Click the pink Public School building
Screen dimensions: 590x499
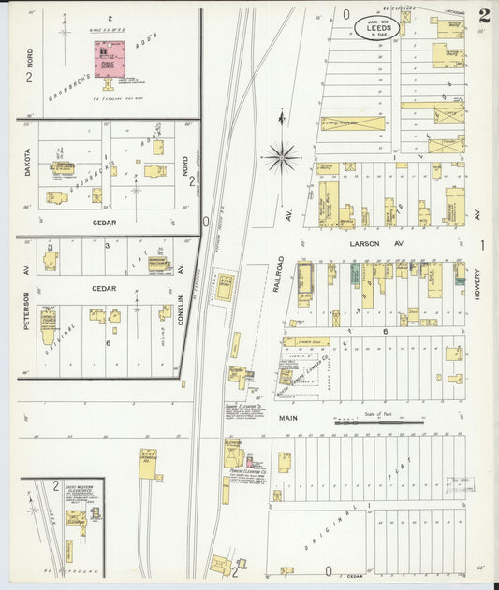click(110, 59)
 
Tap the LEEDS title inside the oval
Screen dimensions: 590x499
click(376, 28)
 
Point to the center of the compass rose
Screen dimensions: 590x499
click(282, 157)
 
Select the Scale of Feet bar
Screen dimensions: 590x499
click(378, 422)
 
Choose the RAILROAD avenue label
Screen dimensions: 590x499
click(279, 273)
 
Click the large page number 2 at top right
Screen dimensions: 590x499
click(482, 16)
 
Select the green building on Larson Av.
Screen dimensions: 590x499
click(355, 273)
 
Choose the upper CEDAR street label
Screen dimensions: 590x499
click(103, 223)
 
